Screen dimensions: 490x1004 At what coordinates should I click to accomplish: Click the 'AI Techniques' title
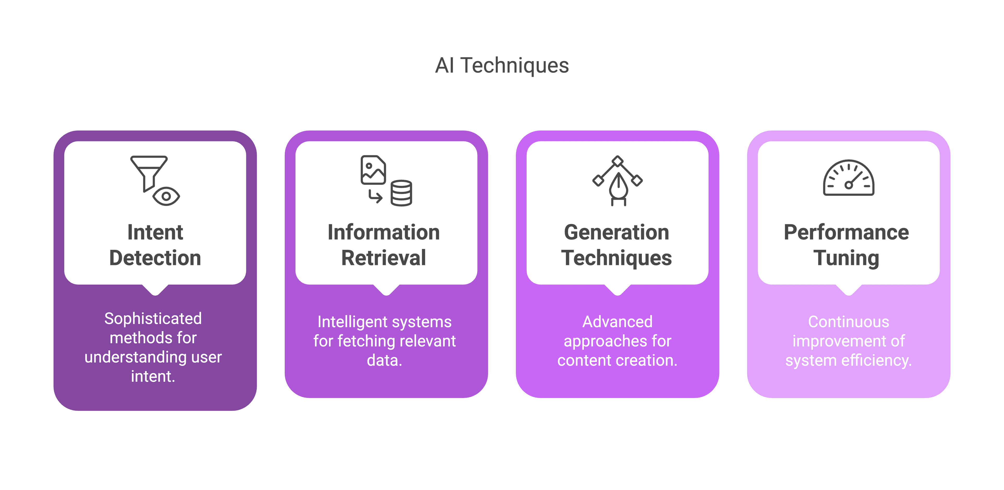click(x=502, y=65)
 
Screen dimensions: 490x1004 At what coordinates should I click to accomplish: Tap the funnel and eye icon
click(x=155, y=180)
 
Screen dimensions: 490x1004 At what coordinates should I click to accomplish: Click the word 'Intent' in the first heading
click(x=155, y=233)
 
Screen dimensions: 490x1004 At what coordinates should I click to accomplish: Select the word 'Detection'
click(x=155, y=258)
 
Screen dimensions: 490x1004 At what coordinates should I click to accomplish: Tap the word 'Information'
click(x=384, y=233)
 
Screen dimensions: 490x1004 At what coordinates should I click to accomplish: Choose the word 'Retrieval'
click(x=384, y=258)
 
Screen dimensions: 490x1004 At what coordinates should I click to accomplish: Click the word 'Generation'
click(x=617, y=233)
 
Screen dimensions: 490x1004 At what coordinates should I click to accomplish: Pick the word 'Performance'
click(x=847, y=233)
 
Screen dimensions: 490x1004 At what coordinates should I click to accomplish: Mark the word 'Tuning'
click(x=847, y=258)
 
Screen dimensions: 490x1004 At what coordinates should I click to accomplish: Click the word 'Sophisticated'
click(x=153, y=319)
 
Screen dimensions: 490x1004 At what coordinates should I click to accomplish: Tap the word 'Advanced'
click(x=617, y=322)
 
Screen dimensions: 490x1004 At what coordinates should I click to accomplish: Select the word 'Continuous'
click(x=848, y=322)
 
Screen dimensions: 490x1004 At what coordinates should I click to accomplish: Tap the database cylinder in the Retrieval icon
click(x=401, y=193)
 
